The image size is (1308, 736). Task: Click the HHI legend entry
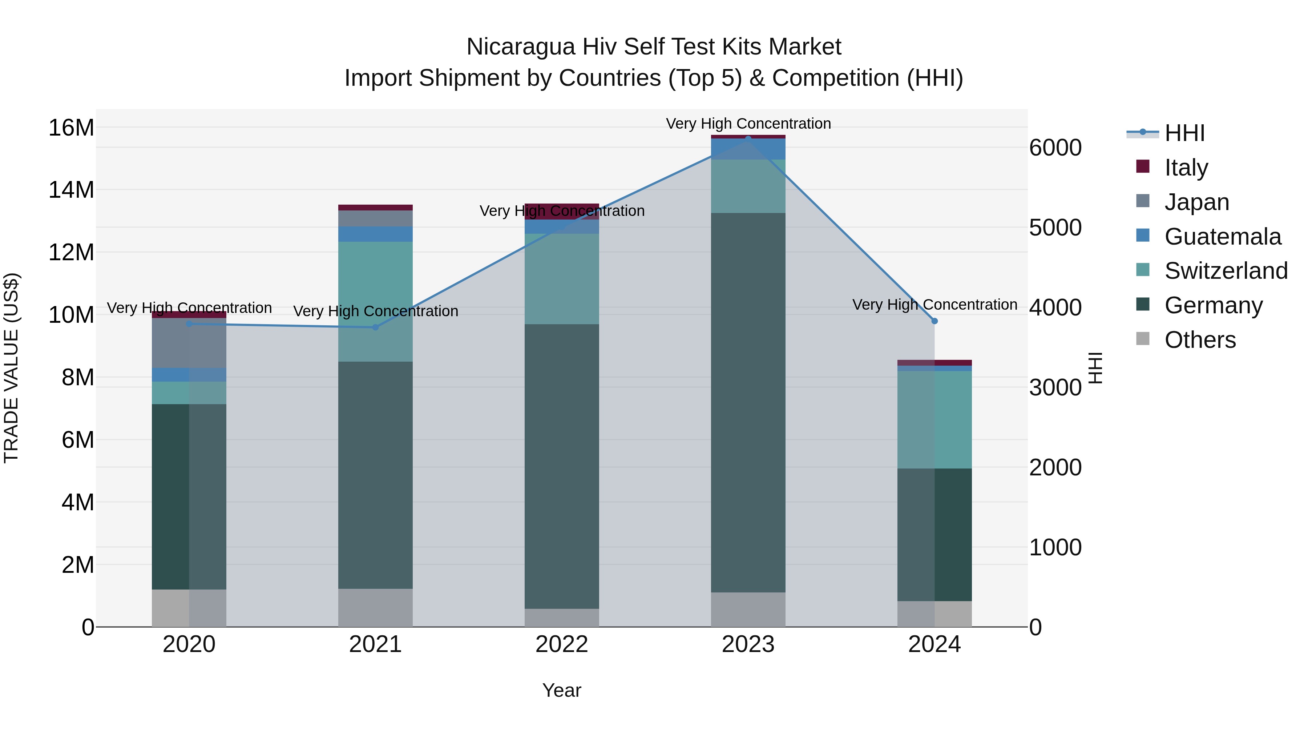point(1184,133)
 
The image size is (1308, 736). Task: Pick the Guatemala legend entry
point(1222,237)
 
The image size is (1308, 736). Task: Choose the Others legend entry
point(1200,340)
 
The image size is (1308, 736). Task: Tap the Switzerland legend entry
point(1225,271)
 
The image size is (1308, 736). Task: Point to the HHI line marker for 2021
point(375,327)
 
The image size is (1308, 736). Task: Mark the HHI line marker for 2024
point(934,321)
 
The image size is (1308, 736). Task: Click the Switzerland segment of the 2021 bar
point(375,302)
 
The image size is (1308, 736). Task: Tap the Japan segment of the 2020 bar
point(189,343)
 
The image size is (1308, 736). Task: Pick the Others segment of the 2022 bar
point(562,618)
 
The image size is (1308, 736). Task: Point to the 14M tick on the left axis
point(71,190)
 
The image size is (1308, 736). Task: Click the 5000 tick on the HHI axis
point(1055,228)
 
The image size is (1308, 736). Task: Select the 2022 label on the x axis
point(562,644)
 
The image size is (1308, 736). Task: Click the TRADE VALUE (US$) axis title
point(11,368)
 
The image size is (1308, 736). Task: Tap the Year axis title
point(562,690)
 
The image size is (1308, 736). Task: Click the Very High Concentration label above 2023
point(748,124)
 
